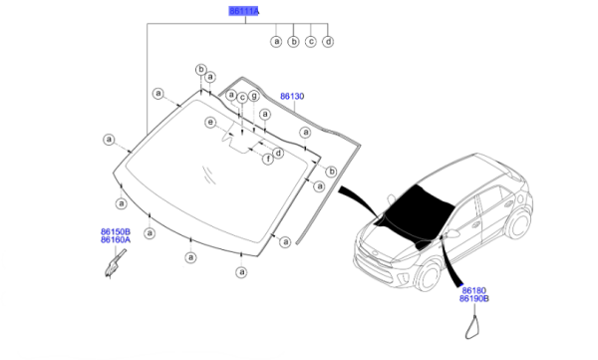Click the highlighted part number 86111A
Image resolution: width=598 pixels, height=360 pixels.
(244, 11)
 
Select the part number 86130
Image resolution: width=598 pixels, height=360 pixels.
(292, 96)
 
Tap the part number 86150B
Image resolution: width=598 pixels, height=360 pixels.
(116, 231)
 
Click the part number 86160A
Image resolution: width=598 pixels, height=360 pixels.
(116, 239)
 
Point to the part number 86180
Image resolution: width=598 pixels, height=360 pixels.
(472, 290)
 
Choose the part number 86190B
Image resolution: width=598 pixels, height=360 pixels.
(474, 298)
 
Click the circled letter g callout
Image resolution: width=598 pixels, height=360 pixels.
(254, 96)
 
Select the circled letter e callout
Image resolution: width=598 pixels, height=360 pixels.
(210, 123)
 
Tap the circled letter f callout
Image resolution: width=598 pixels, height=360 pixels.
(268, 159)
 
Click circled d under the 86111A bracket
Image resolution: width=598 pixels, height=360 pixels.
(328, 41)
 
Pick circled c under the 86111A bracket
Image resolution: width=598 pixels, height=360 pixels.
(311, 41)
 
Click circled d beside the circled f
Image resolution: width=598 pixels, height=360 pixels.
(279, 154)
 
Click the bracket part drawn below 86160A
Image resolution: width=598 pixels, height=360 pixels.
(115, 264)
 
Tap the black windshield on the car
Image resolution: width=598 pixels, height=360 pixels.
(418, 208)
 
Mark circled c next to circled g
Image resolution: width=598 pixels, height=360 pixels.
(242, 98)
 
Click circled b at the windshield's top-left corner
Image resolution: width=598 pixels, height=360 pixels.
(201, 70)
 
